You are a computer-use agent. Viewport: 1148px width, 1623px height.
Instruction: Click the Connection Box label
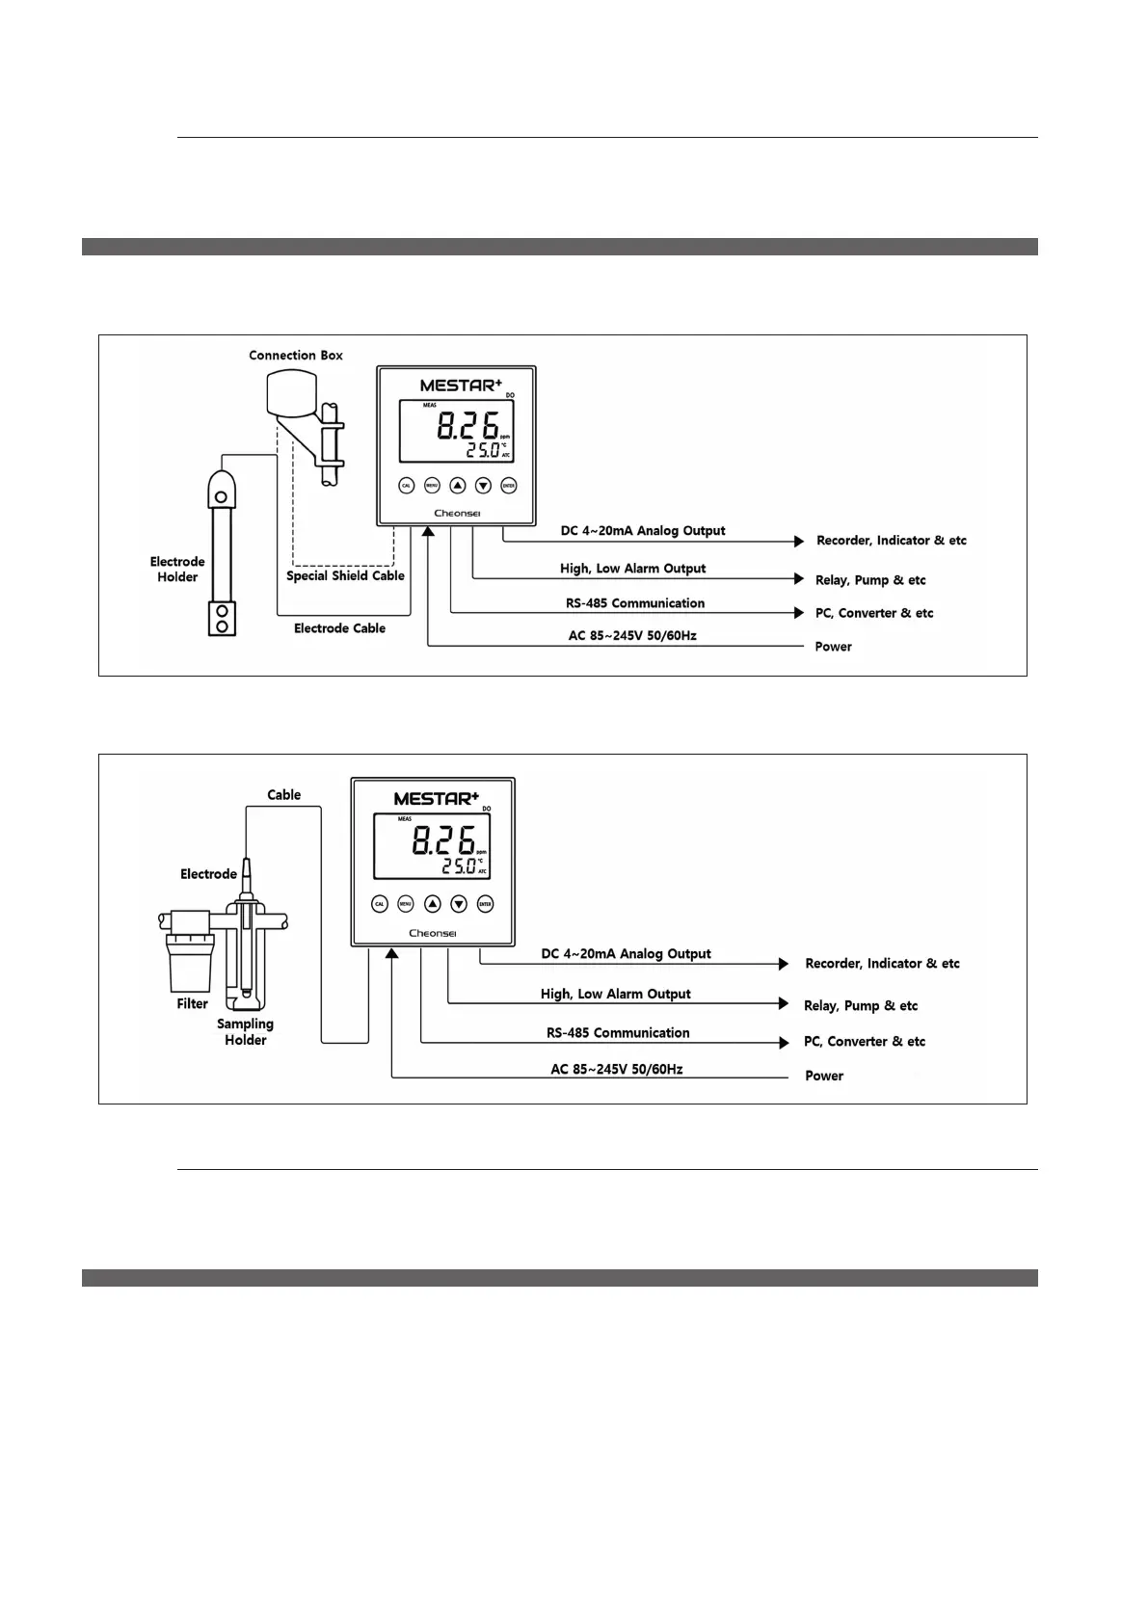[x=296, y=356]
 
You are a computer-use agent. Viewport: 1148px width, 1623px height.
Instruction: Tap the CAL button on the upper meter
[x=407, y=486]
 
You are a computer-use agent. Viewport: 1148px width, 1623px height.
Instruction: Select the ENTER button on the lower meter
[x=485, y=904]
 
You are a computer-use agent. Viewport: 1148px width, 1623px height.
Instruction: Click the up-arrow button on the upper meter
[x=458, y=486]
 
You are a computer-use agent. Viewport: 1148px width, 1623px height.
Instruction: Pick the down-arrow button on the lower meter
[x=459, y=904]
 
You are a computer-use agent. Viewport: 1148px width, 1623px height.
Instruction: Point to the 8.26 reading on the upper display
[x=468, y=426]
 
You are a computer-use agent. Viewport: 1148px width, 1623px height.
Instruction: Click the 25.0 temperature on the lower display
[x=459, y=866]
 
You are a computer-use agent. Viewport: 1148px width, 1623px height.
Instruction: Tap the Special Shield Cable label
[x=345, y=576]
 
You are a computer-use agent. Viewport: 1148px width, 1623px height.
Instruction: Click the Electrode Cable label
[x=339, y=628]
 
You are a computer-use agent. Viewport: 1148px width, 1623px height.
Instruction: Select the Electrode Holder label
[x=177, y=570]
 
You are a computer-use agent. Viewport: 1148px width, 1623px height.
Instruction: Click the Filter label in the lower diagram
[x=193, y=1004]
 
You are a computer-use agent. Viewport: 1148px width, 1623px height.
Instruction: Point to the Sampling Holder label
[x=245, y=1032]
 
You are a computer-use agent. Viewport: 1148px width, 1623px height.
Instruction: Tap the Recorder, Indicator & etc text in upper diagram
[x=891, y=541]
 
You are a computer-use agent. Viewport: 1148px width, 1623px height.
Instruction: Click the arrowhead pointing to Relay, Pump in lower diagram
[x=783, y=1003]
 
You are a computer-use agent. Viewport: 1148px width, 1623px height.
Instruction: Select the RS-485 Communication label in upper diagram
[x=635, y=603]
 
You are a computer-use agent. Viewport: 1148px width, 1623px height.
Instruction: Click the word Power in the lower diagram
[x=824, y=1076]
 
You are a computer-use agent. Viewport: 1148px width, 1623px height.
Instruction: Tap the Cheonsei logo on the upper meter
[x=457, y=514]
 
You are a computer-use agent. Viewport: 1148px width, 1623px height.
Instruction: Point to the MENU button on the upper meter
[x=432, y=486]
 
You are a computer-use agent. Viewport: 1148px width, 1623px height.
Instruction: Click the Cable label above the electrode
[x=284, y=795]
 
